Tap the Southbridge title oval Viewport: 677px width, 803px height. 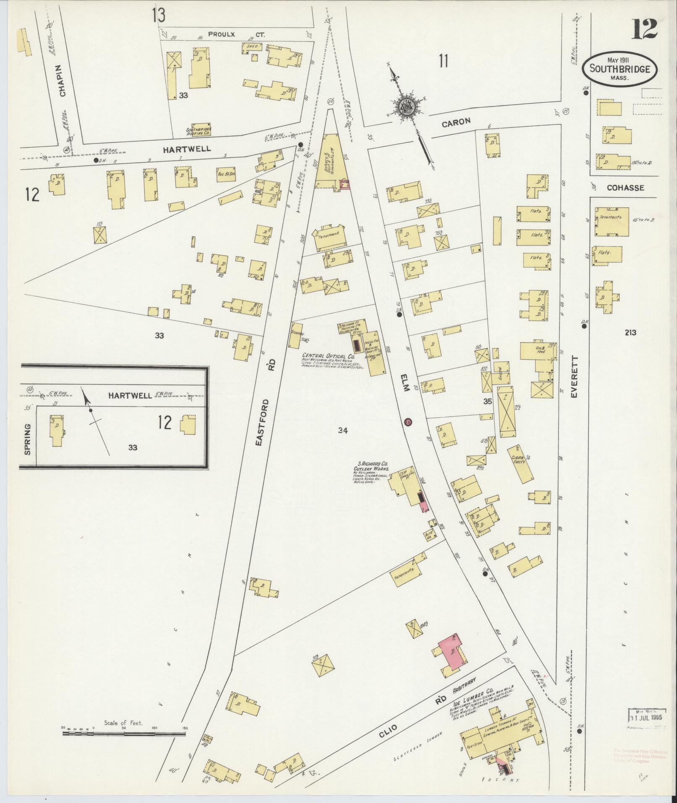[x=619, y=69]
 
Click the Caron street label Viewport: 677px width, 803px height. [x=455, y=122]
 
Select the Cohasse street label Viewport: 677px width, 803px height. [x=625, y=188]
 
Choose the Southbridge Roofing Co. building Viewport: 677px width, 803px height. [x=201, y=130]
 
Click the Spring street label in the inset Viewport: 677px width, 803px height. [x=28, y=439]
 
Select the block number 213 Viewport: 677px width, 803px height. [x=630, y=332]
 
